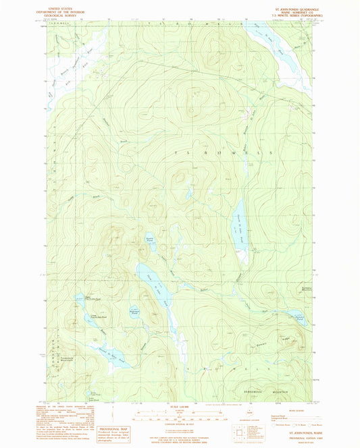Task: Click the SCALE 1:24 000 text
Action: coord(180,406)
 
